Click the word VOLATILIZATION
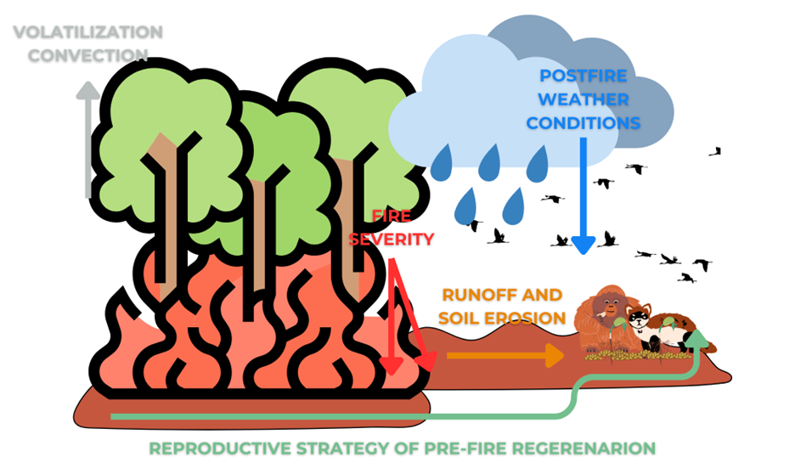(x=87, y=33)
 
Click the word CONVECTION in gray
(x=87, y=55)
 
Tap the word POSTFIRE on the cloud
(x=582, y=75)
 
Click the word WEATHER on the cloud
(x=583, y=99)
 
